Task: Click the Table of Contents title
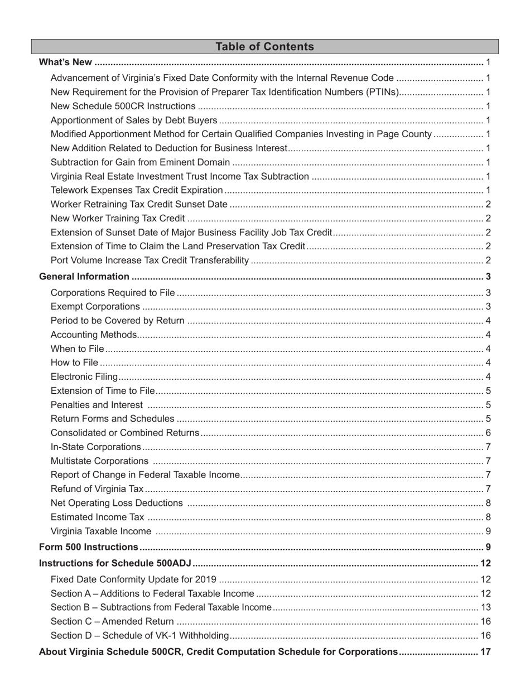(x=264, y=47)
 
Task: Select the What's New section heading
(x=65, y=62)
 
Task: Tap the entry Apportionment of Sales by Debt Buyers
(x=134, y=120)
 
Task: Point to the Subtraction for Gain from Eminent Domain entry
(x=140, y=162)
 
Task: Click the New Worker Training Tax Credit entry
(x=118, y=219)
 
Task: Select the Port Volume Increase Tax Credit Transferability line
(x=150, y=260)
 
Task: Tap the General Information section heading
(x=84, y=277)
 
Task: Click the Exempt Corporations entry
(x=95, y=307)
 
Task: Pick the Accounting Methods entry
(x=94, y=335)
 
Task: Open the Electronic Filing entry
(x=84, y=376)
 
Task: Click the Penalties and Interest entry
(x=97, y=405)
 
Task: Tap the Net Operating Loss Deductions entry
(x=117, y=503)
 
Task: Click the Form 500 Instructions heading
(x=89, y=547)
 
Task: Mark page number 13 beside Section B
(x=485, y=607)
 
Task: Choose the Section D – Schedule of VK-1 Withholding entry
(x=139, y=636)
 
